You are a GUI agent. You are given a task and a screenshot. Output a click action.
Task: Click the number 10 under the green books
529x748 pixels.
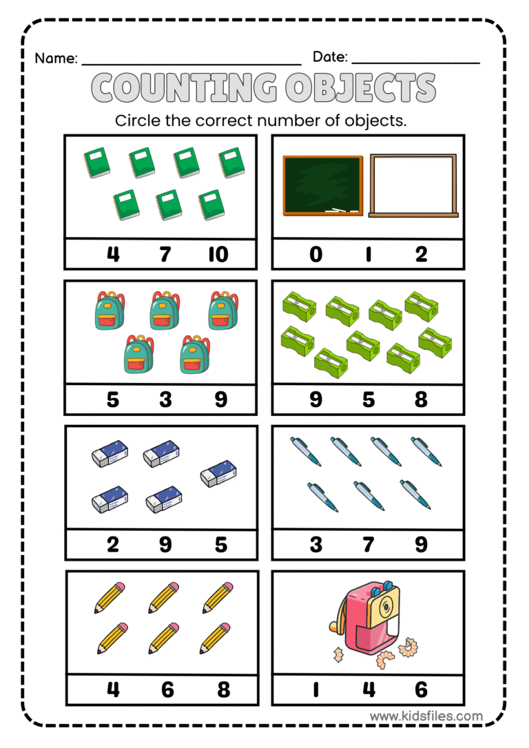218,254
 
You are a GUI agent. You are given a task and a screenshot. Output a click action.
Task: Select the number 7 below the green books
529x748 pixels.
165,254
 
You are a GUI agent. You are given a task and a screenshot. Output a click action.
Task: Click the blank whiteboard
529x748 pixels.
413,185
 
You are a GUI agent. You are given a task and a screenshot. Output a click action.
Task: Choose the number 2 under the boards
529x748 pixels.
421,254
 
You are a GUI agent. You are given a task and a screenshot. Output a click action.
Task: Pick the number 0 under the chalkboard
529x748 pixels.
315,254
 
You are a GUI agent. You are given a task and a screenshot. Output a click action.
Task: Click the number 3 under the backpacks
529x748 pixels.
165,399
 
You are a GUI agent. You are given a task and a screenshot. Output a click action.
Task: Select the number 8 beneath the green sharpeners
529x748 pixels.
421,399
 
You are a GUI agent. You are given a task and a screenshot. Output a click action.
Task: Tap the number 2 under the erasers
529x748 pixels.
112,545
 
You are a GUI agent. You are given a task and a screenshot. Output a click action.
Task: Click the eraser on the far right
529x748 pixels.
220,474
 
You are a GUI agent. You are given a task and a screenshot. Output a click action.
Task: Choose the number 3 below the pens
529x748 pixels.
315,545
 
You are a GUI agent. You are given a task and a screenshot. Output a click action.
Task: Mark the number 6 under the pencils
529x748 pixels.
167,689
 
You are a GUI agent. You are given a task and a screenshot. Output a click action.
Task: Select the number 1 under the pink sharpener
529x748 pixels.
315,689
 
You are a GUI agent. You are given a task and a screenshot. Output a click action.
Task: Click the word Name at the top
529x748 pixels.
55,58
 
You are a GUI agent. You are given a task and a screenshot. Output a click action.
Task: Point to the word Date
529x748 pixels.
330,57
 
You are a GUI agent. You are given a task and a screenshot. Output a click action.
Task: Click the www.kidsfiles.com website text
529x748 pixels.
426,716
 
